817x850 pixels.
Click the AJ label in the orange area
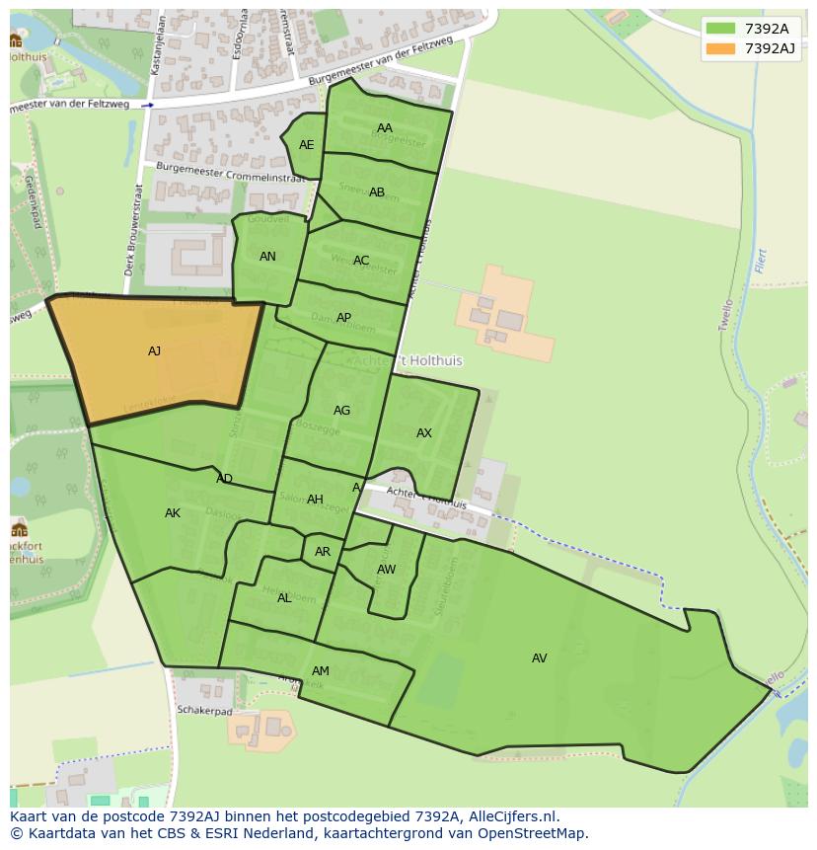click(154, 351)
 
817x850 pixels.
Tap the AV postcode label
click(539, 658)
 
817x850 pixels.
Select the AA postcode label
click(385, 128)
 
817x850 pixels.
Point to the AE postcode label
click(307, 145)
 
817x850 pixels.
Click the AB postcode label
click(377, 193)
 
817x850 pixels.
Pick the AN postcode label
click(267, 257)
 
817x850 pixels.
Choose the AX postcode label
click(424, 433)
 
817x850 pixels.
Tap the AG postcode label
click(341, 411)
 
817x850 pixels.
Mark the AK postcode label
click(173, 513)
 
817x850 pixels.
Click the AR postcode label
click(323, 552)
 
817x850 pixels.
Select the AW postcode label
click(386, 570)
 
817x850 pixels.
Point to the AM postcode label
click(320, 671)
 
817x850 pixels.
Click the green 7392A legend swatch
click(720, 29)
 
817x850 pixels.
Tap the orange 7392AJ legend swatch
click(720, 48)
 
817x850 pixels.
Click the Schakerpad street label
click(204, 710)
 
